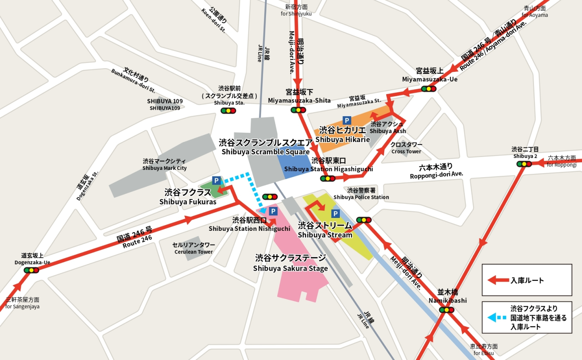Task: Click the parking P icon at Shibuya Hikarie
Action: (x=347, y=120)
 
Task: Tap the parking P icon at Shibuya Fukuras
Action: (x=216, y=181)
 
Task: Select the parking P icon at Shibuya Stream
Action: (x=335, y=213)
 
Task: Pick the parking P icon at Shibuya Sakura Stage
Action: (x=273, y=211)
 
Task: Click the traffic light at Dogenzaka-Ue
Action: (x=31, y=270)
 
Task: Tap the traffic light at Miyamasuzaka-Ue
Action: (x=429, y=89)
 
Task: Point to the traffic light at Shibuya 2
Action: (x=524, y=164)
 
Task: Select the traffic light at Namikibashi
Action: (x=447, y=310)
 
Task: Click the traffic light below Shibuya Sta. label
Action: (x=228, y=111)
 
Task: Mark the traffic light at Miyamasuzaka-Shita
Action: (x=298, y=110)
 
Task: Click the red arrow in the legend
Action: (x=498, y=280)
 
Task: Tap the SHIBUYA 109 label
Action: (x=165, y=105)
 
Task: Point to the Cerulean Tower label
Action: (x=194, y=248)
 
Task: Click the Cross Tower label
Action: (x=406, y=148)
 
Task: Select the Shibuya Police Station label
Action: (x=361, y=194)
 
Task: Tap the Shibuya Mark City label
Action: (x=164, y=165)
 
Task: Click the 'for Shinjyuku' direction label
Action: (x=296, y=10)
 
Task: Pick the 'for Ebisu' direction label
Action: (x=484, y=350)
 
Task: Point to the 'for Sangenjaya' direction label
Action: (x=23, y=303)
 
